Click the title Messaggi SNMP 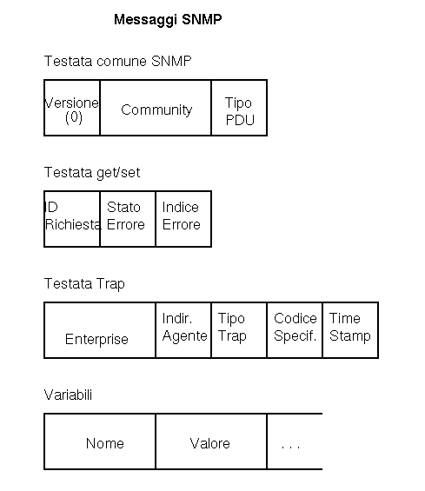[x=168, y=20]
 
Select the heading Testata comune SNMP [x=117, y=61]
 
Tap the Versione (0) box [x=72, y=108]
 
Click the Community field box [x=156, y=108]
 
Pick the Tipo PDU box [x=239, y=108]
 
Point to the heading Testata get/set [x=92, y=173]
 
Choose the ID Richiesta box [x=72, y=219]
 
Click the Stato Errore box [x=128, y=219]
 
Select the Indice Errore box [x=183, y=219]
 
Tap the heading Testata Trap [x=84, y=284]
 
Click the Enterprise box [x=100, y=330]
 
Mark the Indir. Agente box [x=183, y=330]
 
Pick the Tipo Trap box [x=239, y=330]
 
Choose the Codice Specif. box [x=295, y=330]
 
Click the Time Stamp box [x=350, y=330]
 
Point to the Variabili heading [x=68, y=395]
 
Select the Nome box [x=100, y=441]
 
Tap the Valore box [x=211, y=441]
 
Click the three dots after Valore [x=290, y=447]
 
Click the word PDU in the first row [x=240, y=120]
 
